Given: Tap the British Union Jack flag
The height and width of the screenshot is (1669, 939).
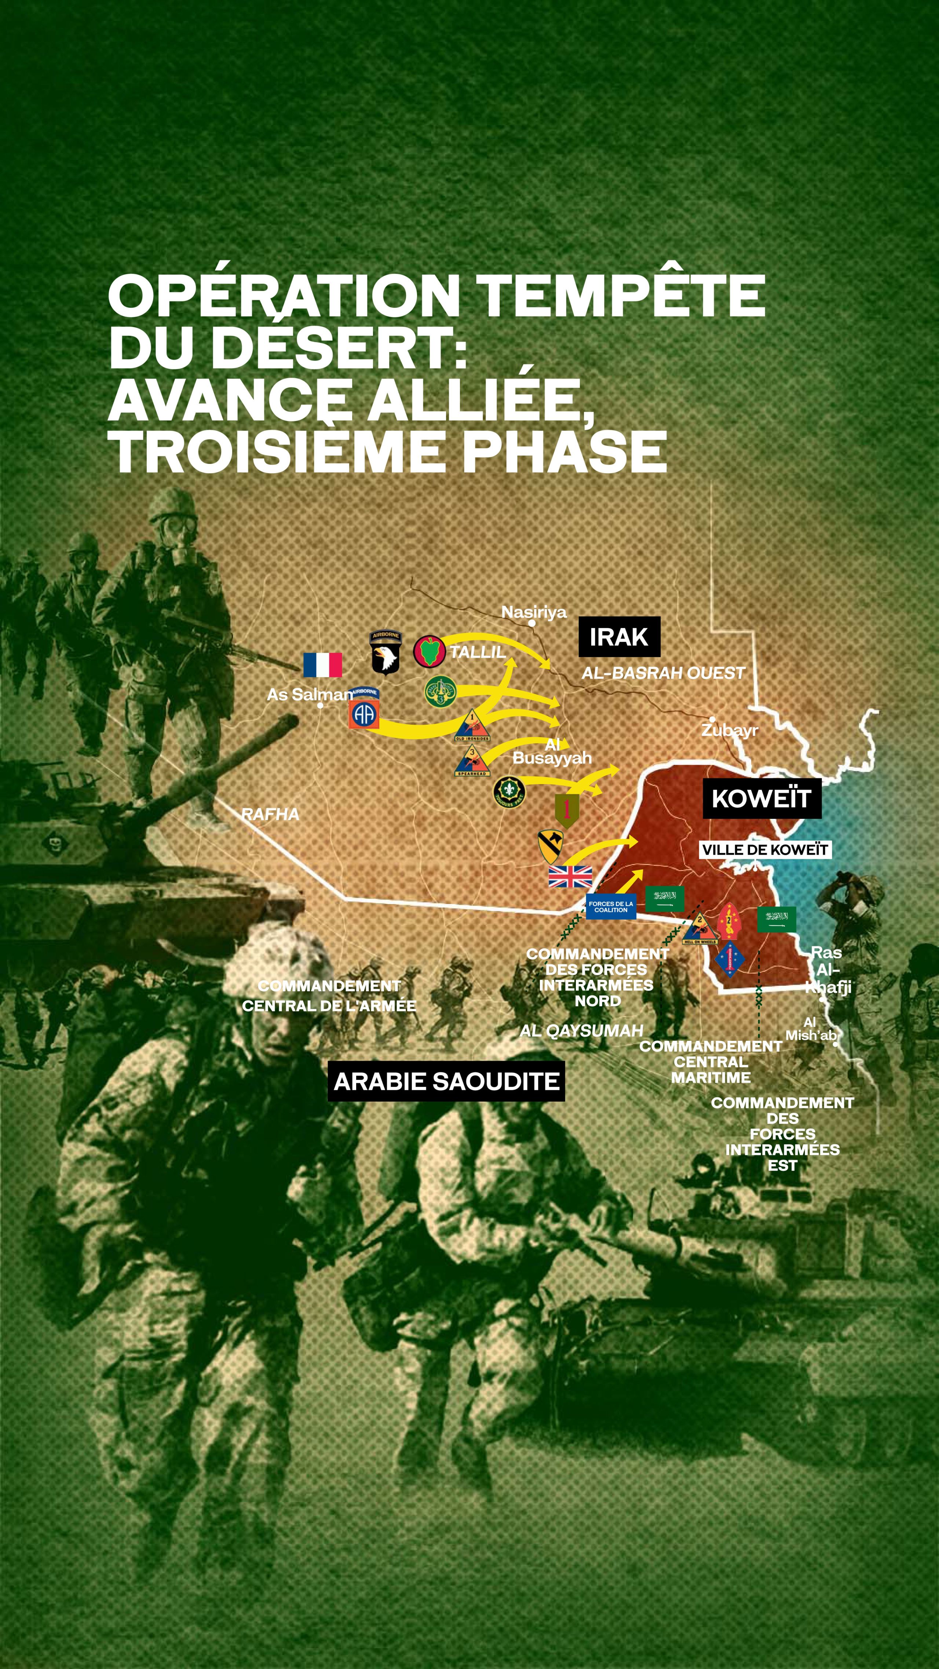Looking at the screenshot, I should pos(570,876).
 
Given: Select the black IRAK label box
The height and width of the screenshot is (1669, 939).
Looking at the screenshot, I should pos(619,637).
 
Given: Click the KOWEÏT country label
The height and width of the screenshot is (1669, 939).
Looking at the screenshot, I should pos(761,798).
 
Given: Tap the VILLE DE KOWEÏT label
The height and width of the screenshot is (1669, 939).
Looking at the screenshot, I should pos(765,849).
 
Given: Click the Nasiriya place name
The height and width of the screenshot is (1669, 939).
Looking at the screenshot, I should pos(534,612).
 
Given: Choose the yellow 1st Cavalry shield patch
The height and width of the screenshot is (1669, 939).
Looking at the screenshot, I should pos(550,846).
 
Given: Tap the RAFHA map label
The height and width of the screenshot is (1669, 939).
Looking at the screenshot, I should pos(270,815).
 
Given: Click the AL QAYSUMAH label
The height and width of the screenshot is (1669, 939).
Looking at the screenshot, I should pos(581,1031).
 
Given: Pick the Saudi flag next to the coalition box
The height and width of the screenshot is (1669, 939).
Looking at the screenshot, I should pos(664,898).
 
